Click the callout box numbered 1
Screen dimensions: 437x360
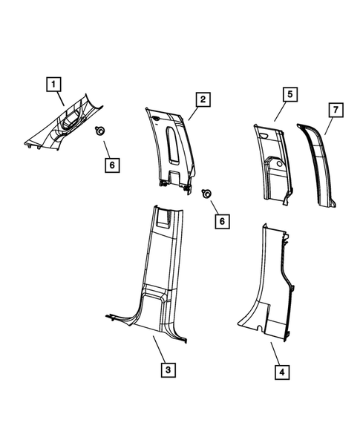[53, 85]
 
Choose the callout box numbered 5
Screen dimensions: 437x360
[289, 94]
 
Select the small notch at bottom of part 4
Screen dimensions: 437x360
[256, 327]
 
